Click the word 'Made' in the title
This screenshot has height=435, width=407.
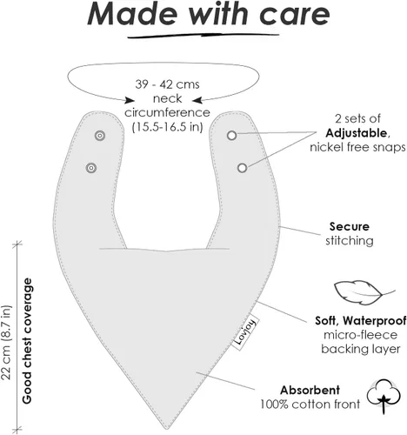pyautogui.click(x=132, y=14)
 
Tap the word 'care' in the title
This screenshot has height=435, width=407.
pyautogui.click(x=295, y=15)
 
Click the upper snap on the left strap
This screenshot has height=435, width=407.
pyautogui.click(x=100, y=136)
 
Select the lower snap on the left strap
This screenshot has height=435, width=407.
pyautogui.click(x=91, y=168)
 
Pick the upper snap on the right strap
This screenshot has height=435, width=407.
pyautogui.click(x=231, y=136)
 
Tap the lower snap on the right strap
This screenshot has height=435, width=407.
pyautogui.click(x=242, y=168)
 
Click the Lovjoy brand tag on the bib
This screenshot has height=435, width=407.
pyautogui.click(x=245, y=332)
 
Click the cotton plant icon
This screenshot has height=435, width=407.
pyautogui.click(x=384, y=396)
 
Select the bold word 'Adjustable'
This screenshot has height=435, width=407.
pyautogui.click(x=357, y=133)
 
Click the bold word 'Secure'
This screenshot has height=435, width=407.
pyautogui.click(x=350, y=226)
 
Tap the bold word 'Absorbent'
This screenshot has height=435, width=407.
pyautogui.click(x=310, y=390)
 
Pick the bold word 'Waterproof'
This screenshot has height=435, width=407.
pyautogui.click(x=375, y=321)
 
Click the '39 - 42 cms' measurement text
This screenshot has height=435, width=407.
pyautogui.click(x=167, y=84)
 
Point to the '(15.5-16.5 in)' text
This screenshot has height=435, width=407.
pyautogui.click(x=167, y=127)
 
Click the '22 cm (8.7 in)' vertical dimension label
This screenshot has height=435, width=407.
pyautogui.click(x=6, y=342)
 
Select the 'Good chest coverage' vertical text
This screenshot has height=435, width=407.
pyautogui.click(x=27, y=341)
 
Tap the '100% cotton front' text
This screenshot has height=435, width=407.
pyautogui.click(x=310, y=404)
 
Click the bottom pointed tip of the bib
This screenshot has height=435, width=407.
pyautogui.click(x=168, y=429)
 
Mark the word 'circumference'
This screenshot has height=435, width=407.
pyautogui.click(x=167, y=112)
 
